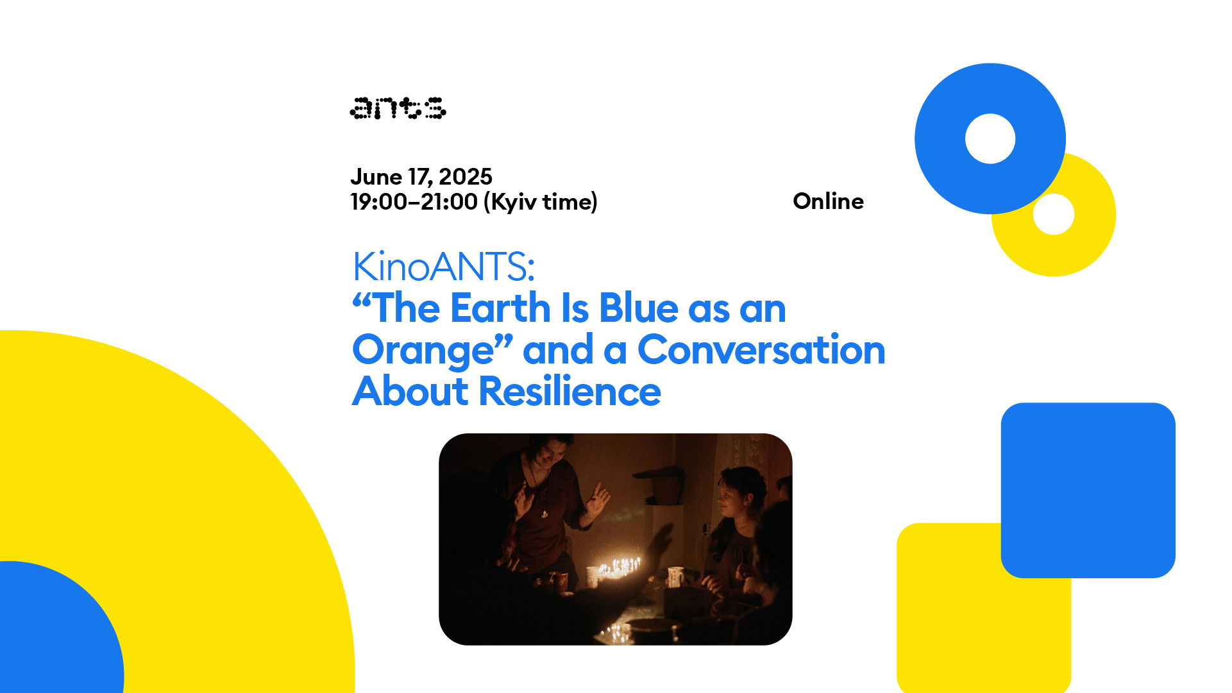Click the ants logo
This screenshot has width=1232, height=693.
[398, 108]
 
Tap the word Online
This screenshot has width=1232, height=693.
[828, 201]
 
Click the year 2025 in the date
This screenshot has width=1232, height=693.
[466, 176]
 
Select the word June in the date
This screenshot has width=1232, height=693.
[376, 176]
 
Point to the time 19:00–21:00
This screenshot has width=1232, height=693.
[414, 202]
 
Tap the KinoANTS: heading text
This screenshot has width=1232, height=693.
[444, 266]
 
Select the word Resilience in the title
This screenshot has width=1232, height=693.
[570, 391]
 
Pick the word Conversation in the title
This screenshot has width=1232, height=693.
[761, 350]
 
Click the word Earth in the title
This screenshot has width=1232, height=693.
[501, 308]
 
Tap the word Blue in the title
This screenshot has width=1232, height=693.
[639, 308]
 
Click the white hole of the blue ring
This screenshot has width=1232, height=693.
[990, 138]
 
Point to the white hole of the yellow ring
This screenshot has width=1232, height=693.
[1054, 214]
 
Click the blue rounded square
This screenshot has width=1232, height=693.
[1088, 490]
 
